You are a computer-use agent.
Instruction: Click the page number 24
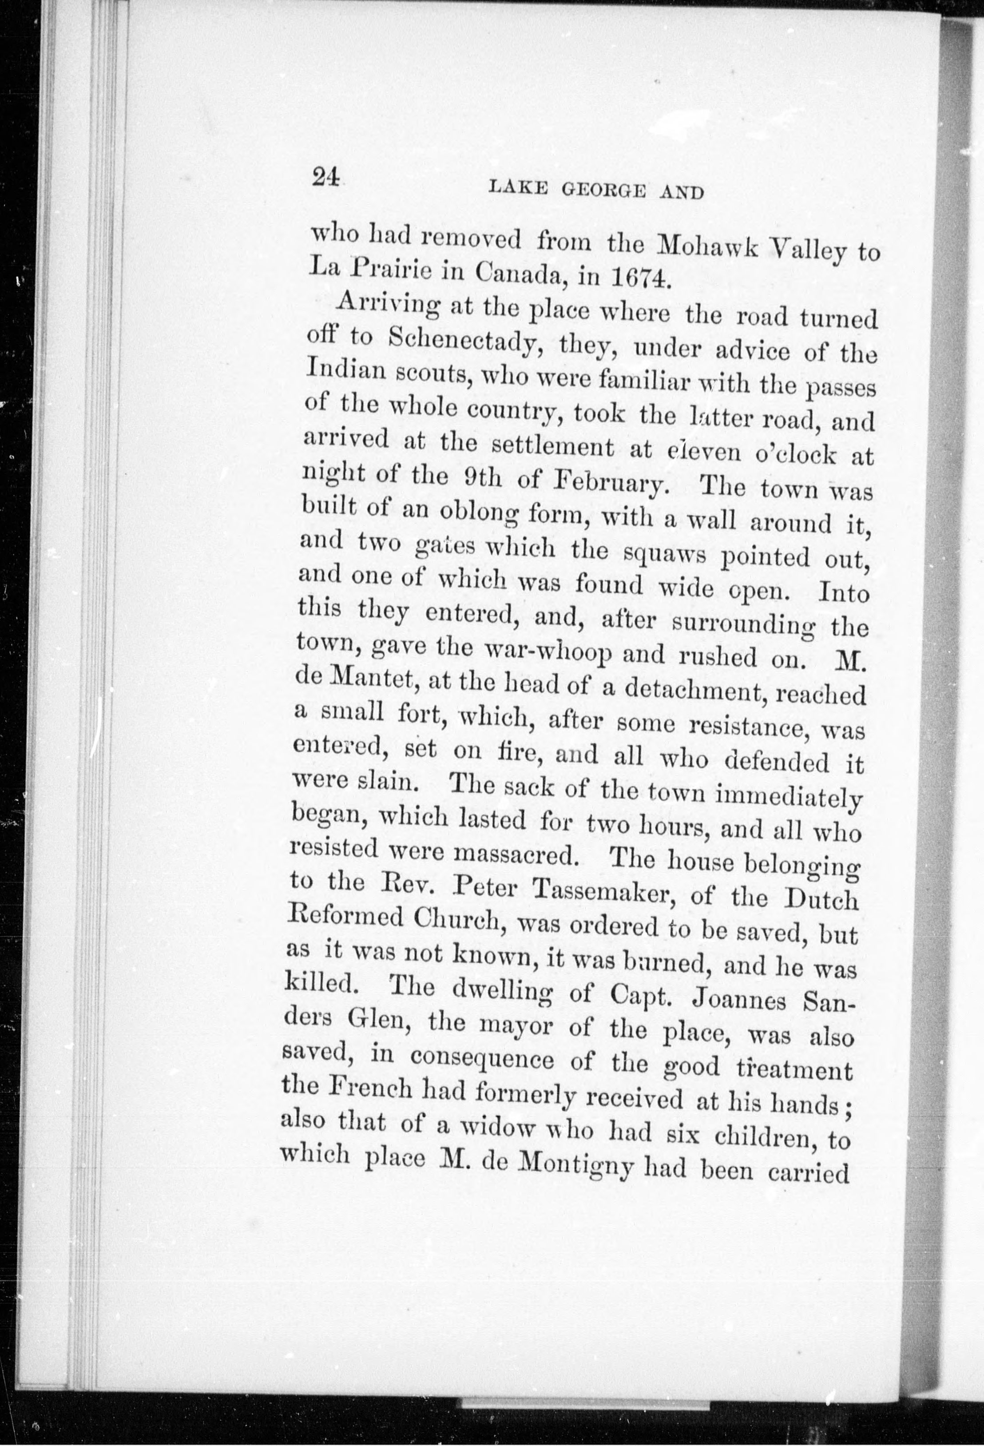(326, 177)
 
